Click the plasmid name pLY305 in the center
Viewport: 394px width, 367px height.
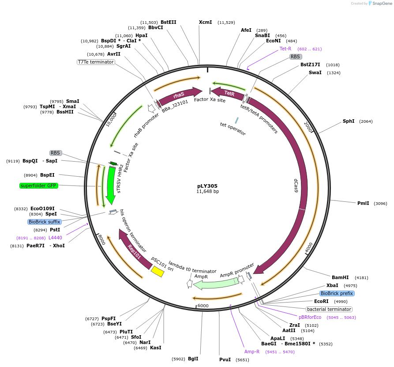click(x=207, y=186)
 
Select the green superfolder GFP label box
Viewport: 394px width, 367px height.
click(x=38, y=185)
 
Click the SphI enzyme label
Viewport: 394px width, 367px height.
click(x=349, y=121)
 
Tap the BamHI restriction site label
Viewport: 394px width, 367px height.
click(x=340, y=277)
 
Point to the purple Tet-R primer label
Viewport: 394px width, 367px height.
click(x=285, y=49)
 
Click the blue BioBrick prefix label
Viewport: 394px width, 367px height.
click(x=337, y=293)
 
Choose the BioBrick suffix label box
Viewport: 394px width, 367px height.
click(x=44, y=222)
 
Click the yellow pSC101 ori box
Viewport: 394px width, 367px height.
click(x=158, y=271)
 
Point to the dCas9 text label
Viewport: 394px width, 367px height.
click(x=296, y=185)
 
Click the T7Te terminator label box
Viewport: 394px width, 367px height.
click(x=96, y=62)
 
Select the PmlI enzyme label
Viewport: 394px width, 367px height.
click(x=363, y=203)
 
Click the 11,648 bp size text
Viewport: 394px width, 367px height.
click(x=207, y=192)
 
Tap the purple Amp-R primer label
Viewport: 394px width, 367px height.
click(x=252, y=352)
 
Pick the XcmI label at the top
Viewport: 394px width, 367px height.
click(x=205, y=22)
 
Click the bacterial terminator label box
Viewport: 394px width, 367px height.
click(x=329, y=309)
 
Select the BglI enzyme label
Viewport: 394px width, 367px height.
click(x=193, y=359)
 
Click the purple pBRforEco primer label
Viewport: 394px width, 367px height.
click(x=310, y=317)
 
